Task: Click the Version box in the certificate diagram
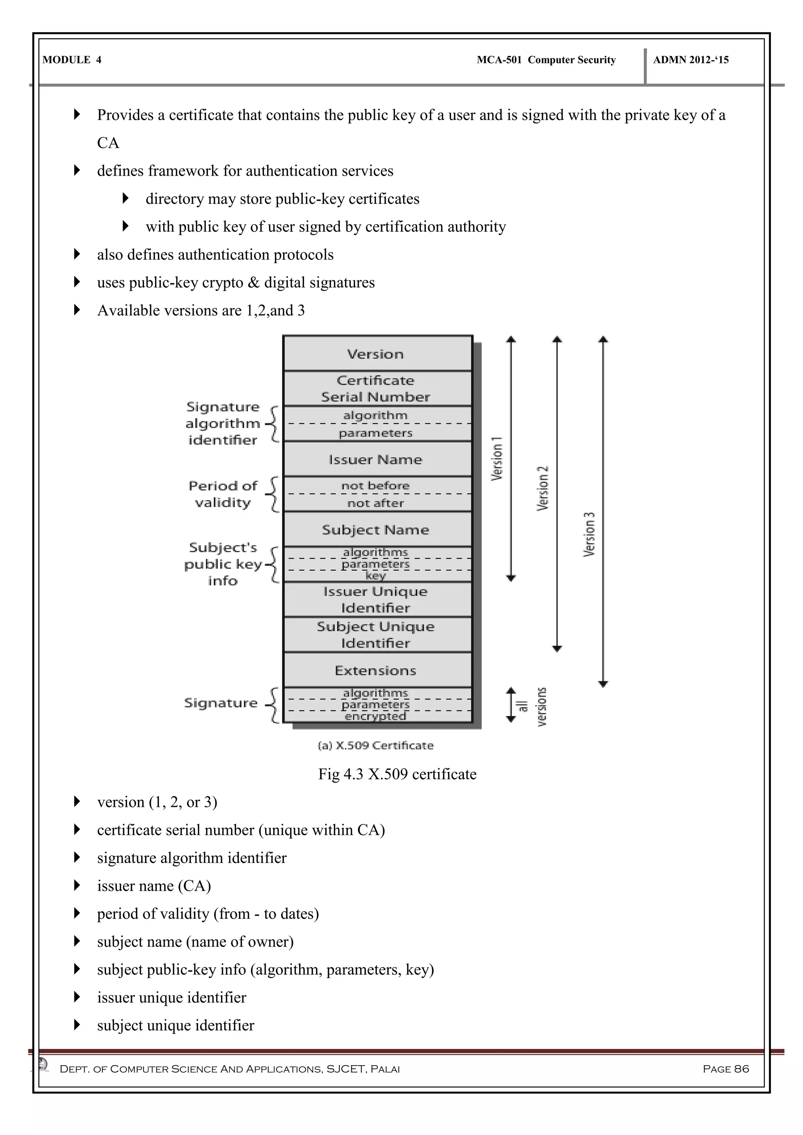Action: [x=377, y=354]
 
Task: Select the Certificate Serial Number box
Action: [x=377, y=388]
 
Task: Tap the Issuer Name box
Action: [x=377, y=459]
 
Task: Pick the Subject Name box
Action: [x=377, y=529]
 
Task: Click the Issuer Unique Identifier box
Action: [x=377, y=600]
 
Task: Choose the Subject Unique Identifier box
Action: [x=377, y=635]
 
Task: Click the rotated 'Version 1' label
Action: [x=497, y=459]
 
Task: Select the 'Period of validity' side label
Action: [x=223, y=494]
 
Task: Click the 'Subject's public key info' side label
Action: [x=223, y=564]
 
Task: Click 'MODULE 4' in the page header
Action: [x=72, y=60]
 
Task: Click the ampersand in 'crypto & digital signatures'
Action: [x=254, y=283]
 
